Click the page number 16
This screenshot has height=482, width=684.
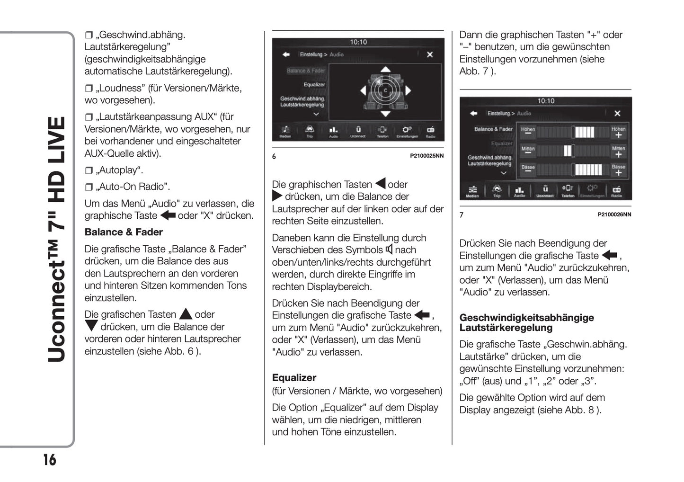50,460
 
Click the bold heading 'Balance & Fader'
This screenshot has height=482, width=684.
124,232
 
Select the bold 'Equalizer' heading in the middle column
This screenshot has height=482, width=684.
294,377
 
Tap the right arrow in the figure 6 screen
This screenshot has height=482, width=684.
408,90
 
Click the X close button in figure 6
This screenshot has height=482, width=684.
429,54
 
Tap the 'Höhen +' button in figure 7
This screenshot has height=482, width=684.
618,132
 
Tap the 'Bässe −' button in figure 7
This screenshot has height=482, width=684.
528,169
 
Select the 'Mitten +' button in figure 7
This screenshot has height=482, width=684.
618,152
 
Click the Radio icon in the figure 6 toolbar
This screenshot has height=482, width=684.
430,131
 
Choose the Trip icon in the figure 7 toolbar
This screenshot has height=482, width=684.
497,190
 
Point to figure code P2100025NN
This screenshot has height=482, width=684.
426,156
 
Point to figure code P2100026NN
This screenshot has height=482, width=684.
614,214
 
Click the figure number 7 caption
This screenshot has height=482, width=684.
462,214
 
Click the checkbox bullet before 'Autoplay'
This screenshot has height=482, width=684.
89,170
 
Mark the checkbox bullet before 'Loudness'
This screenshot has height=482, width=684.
89,89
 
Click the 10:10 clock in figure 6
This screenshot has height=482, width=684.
358,42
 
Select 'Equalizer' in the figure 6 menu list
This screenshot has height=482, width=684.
314,85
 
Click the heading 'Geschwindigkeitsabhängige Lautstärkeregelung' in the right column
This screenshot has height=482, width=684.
526,322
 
